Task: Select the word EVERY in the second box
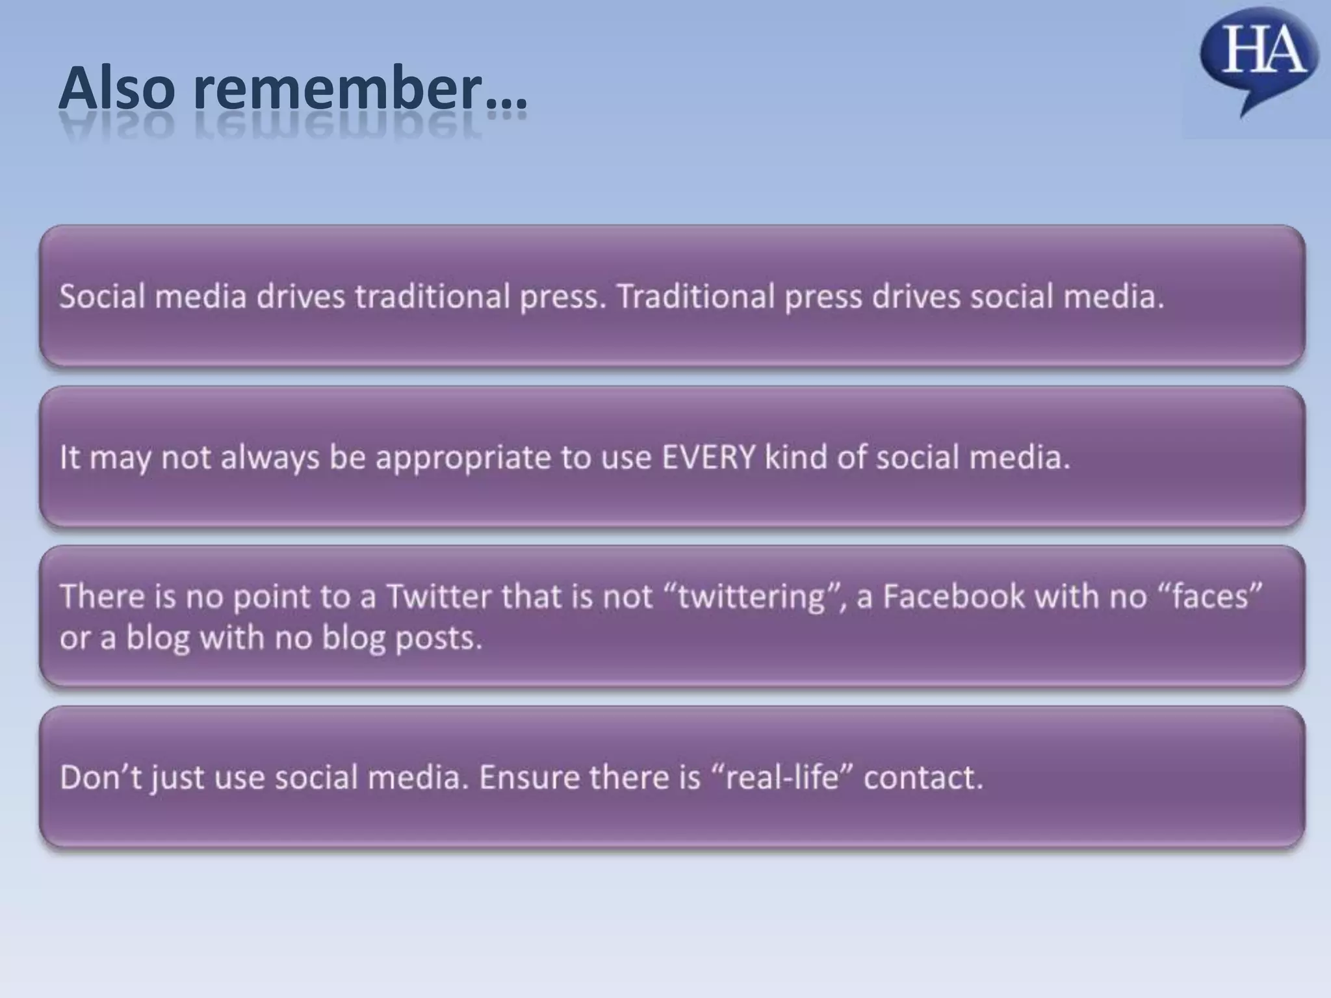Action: click(x=708, y=457)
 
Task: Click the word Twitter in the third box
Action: click(x=439, y=596)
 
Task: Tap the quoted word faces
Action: click(x=1209, y=596)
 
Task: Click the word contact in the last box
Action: click(x=923, y=777)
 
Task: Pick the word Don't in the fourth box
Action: click(x=100, y=777)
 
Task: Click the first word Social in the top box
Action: click(x=102, y=297)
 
